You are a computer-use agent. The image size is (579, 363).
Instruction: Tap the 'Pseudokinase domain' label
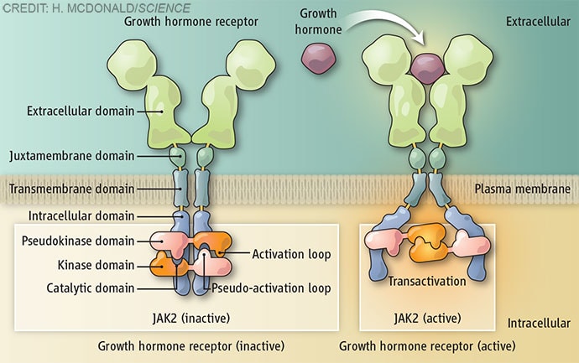point(76,241)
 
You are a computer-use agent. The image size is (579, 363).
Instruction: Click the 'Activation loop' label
point(289,253)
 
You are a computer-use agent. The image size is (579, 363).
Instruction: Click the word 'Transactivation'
point(426,281)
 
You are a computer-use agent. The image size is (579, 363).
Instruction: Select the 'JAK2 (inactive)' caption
point(190,318)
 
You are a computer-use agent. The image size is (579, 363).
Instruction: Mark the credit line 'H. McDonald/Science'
point(96,9)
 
